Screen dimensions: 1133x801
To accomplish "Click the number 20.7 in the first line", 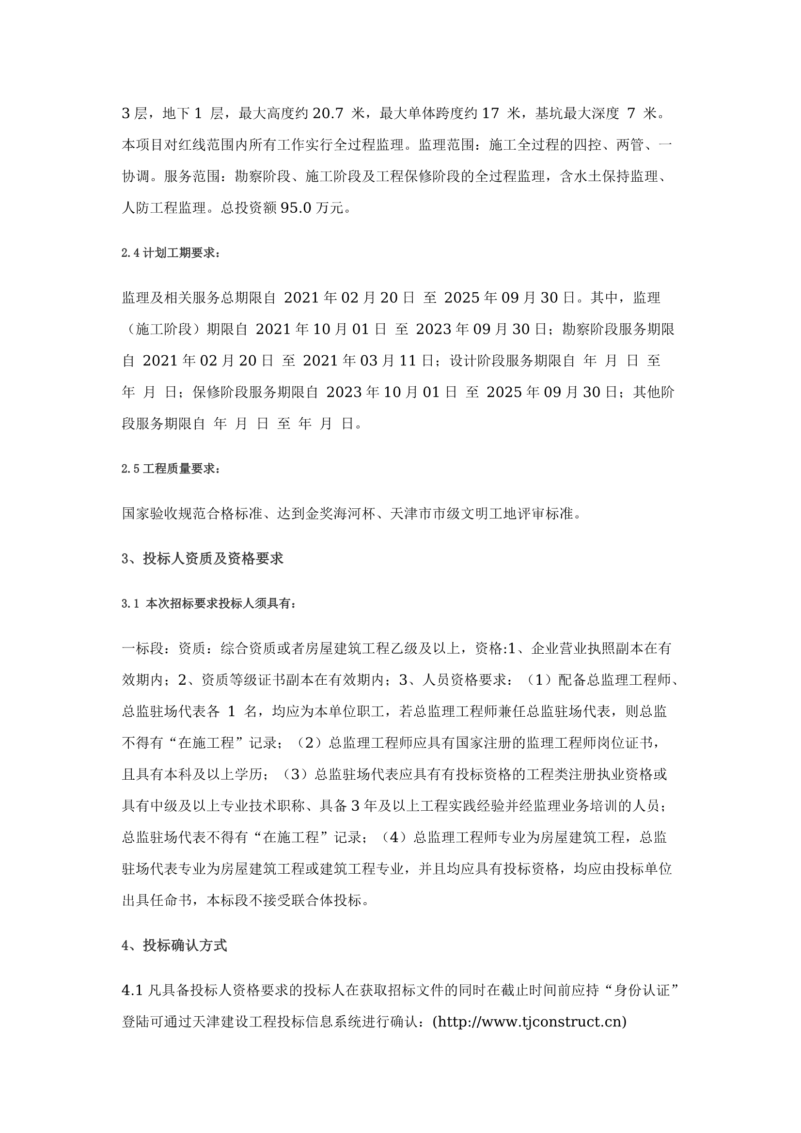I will coord(328,114).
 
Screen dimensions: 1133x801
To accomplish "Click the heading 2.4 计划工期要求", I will coord(170,253).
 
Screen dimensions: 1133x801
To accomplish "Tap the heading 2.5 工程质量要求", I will coord(170,469).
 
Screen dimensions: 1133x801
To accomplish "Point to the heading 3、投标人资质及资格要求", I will coord(203,559).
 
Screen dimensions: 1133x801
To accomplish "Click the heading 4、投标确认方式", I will coord(174,945).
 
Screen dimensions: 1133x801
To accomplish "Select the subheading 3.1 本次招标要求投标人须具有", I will coord(208,604).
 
